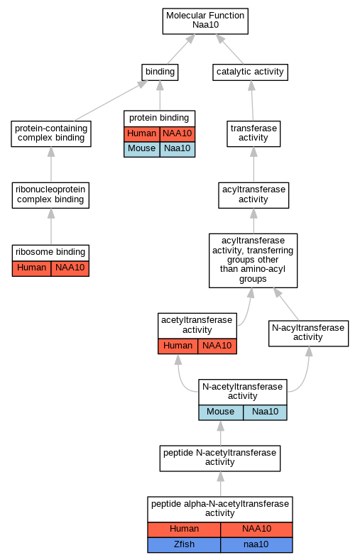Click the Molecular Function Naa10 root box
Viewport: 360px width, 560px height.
click(x=205, y=21)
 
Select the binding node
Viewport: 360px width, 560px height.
click(x=160, y=72)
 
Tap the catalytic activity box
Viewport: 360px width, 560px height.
click(x=250, y=72)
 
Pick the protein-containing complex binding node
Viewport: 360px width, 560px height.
click(x=51, y=133)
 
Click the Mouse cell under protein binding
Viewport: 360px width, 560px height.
click(x=142, y=149)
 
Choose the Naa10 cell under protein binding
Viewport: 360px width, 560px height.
click(x=177, y=149)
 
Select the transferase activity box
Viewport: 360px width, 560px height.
click(x=253, y=133)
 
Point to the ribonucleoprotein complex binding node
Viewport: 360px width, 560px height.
click(x=50, y=195)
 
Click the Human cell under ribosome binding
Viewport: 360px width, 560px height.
click(x=31, y=268)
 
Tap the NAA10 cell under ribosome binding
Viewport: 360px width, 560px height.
click(x=70, y=268)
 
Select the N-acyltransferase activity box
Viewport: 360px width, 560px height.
click(x=308, y=333)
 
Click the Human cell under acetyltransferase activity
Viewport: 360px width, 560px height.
click(x=178, y=346)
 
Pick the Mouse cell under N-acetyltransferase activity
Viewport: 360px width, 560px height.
click(x=221, y=412)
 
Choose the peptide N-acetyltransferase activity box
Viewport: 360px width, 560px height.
click(x=220, y=459)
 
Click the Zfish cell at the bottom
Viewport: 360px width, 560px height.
click(x=184, y=545)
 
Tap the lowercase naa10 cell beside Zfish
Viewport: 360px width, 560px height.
click(x=256, y=545)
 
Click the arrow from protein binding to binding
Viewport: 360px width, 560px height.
click(x=160, y=95)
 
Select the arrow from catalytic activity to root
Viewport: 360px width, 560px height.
click(x=229, y=49)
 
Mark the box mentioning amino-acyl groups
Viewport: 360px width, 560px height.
click(x=253, y=260)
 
